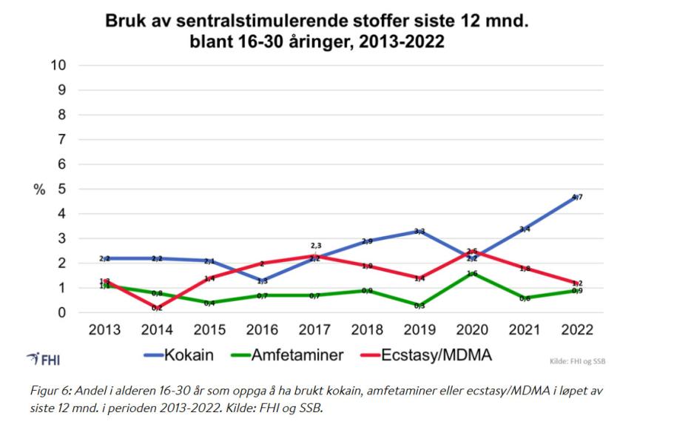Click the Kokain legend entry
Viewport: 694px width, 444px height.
181,354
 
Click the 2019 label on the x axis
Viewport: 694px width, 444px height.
419,329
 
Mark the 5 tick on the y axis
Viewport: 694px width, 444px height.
62,189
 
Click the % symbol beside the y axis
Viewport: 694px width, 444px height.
38,189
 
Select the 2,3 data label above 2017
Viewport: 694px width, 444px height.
316,246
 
